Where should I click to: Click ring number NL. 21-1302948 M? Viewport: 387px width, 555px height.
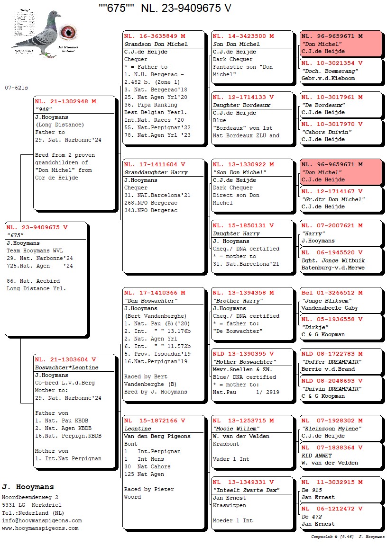pos(65,101)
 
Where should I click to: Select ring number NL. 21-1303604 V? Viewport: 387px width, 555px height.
pos(65,360)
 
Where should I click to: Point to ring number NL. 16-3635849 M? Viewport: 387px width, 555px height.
pos(155,36)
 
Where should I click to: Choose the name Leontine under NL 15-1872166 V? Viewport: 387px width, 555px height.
pos(138,429)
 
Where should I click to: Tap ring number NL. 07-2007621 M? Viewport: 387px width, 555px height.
pos(332,226)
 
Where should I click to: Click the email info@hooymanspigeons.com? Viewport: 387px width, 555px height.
pos(42,520)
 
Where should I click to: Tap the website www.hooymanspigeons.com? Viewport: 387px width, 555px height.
pos(40,528)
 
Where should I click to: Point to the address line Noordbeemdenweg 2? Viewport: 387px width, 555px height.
pos(30,498)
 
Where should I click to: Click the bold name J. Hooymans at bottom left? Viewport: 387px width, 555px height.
pos(28,487)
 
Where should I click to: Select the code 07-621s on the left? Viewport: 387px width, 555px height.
pos(17,88)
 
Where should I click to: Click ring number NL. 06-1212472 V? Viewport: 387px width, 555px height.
pos(332,509)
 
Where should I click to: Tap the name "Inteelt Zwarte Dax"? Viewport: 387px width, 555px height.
pos(246,490)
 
